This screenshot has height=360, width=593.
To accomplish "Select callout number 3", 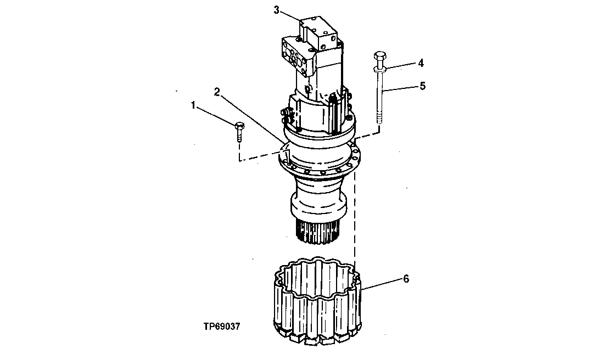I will click(277, 10).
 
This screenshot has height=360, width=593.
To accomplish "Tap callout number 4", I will click(421, 63).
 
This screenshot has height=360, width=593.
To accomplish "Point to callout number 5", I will click(422, 86).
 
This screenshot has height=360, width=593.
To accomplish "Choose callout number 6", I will click(406, 279).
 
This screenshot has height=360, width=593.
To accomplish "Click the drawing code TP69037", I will click(221, 325).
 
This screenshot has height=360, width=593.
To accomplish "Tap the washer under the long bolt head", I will click(379, 69).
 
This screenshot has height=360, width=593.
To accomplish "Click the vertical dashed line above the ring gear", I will click(356, 220).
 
